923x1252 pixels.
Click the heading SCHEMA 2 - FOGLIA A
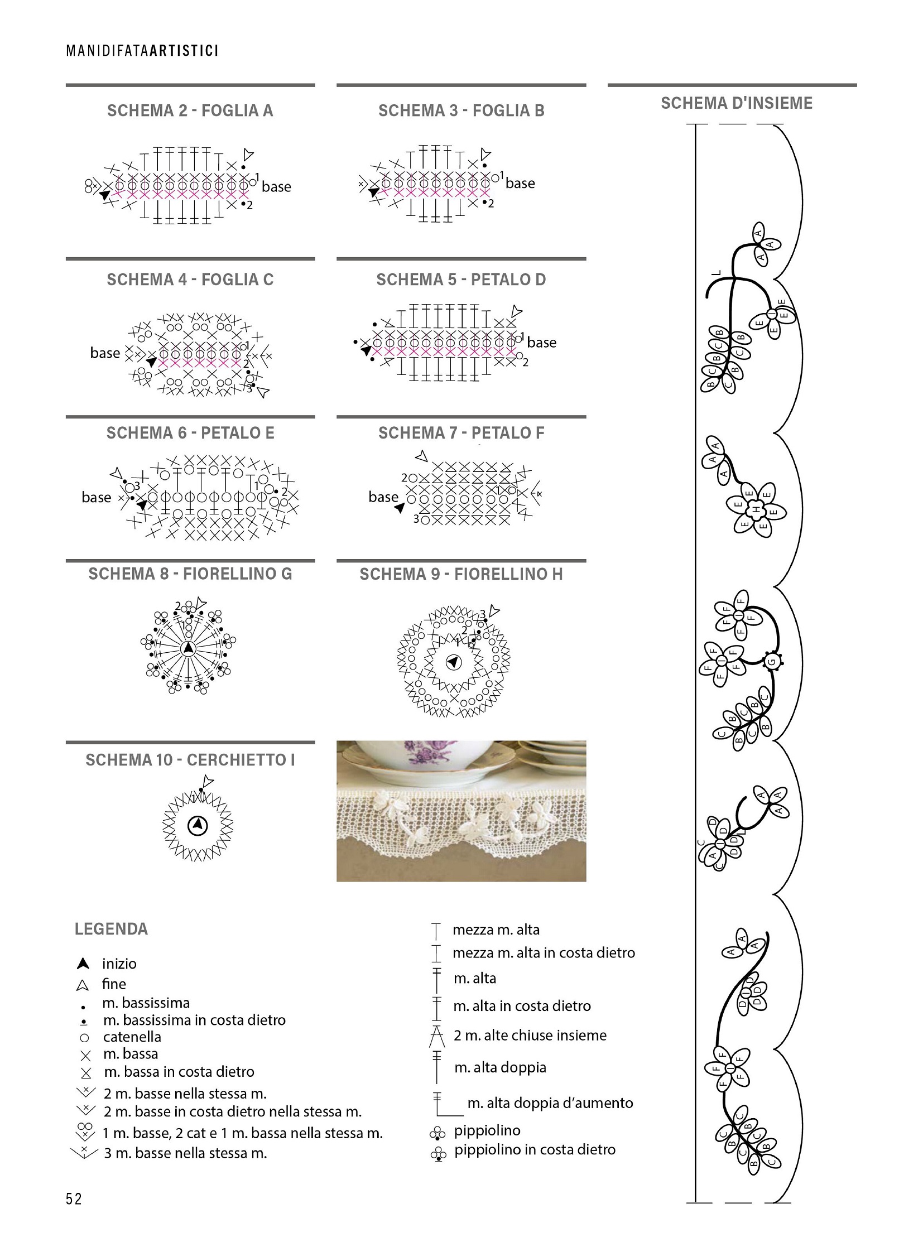click(x=190, y=110)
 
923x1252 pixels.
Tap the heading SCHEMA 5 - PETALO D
click(x=461, y=280)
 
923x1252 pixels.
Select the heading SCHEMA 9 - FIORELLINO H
click(x=461, y=574)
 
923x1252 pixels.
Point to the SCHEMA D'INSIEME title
click(x=737, y=103)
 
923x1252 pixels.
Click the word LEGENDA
click(x=111, y=929)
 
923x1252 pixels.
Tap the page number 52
click(x=74, y=1199)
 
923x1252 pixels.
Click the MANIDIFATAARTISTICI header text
click(x=142, y=51)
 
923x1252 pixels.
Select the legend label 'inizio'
click(x=119, y=964)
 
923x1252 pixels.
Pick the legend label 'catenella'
click(x=132, y=1037)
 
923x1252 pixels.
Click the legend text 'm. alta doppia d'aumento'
click(x=550, y=1103)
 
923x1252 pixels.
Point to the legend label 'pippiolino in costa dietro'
click(x=534, y=1149)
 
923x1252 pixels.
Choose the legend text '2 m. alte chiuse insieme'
click(x=530, y=1035)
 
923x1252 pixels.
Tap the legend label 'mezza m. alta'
click(x=496, y=930)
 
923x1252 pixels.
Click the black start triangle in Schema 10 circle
click(x=197, y=825)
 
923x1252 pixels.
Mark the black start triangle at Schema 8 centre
click(x=188, y=648)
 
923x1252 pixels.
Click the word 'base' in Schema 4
click(x=105, y=353)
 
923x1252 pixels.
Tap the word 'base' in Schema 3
click(x=520, y=183)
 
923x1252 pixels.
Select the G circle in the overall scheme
click(x=772, y=662)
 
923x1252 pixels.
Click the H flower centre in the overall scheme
click(x=757, y=509)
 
